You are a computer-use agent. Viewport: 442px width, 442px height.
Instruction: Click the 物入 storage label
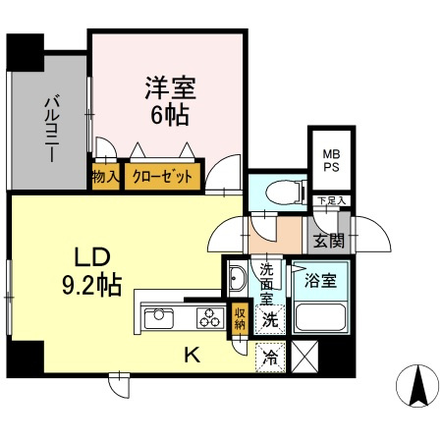[105, 178]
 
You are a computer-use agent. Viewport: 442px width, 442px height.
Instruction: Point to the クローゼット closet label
[161, 178]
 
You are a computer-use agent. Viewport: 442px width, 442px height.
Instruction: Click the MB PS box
[329, 161]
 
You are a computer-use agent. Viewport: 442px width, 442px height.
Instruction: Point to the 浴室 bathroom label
[321, 280]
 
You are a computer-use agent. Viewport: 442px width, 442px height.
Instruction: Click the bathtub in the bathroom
[320, 316]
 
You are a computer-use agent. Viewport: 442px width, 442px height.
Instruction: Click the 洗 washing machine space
[267, 318]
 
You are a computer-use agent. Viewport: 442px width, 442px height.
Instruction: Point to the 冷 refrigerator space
[267, 358]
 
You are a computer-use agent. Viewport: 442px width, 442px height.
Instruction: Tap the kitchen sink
[159, 317]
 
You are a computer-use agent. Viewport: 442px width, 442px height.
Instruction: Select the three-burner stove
[208, 317]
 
